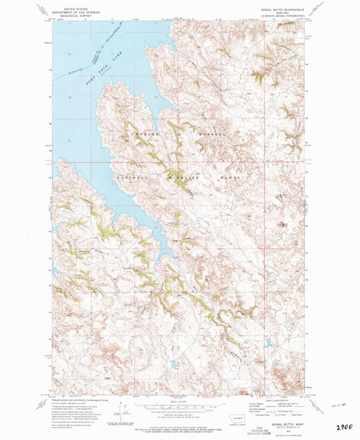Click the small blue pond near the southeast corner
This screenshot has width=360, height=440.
coord(268,343)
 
